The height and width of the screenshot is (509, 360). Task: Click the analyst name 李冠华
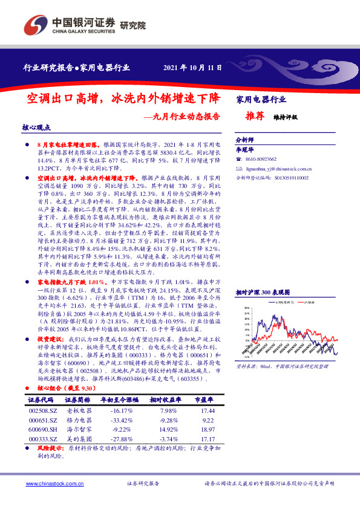pos(243,148)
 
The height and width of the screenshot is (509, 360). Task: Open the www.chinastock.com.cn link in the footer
pos(54,484)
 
